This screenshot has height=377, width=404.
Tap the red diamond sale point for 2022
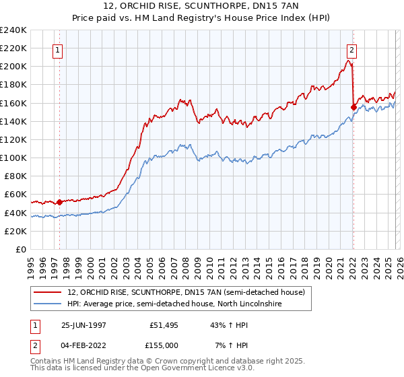click(x=353, y=106)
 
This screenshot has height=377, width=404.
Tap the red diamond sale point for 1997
click(x=59, y=201)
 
